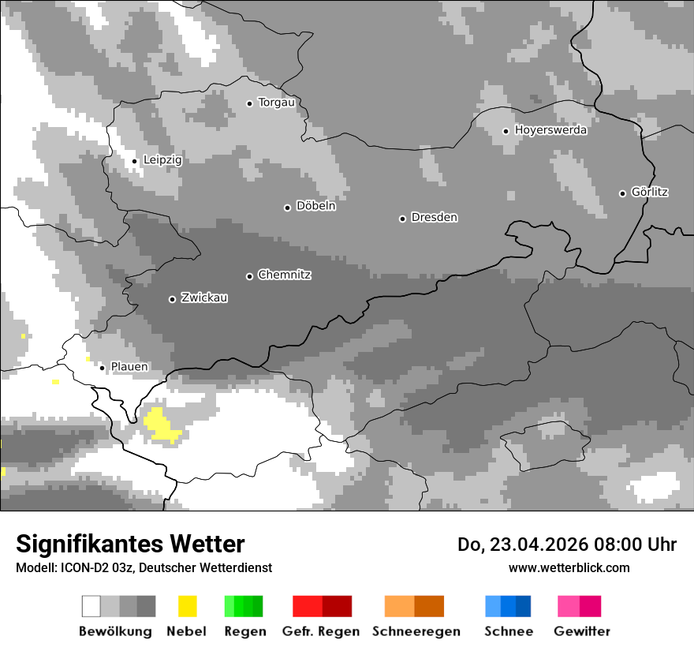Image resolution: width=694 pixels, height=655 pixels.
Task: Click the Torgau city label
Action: coord(276,103)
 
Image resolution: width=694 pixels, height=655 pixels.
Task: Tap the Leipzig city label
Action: coord(162,160)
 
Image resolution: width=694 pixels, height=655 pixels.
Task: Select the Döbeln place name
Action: coord(315,206)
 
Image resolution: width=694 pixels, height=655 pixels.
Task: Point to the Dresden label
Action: coord(434,217)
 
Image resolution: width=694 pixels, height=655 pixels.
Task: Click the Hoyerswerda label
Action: coord(550,130)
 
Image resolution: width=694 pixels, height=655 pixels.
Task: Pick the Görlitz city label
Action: coord(650,192)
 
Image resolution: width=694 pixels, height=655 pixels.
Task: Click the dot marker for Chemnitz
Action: coord(250,276)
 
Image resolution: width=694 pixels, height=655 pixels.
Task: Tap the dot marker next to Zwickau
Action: coord(172,299)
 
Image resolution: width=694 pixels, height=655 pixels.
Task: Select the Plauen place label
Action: coord(129,367)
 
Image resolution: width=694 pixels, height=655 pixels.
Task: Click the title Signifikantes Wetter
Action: coord(130,544)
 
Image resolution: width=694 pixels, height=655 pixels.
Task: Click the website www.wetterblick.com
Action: coord(569,567)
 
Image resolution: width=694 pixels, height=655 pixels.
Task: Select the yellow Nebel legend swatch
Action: coord(187,606)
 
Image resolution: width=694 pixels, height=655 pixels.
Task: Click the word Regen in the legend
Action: coord(244,631)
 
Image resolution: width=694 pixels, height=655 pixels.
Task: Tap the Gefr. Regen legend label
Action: coord(321,631)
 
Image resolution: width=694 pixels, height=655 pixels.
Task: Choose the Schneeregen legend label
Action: coord(416,631)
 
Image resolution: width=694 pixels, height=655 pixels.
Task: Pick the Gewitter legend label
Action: coord(582,631)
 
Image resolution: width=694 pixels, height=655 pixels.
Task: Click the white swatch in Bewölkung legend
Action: coord(91,606)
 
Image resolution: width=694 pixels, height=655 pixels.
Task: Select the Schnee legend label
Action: coord(509,631)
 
